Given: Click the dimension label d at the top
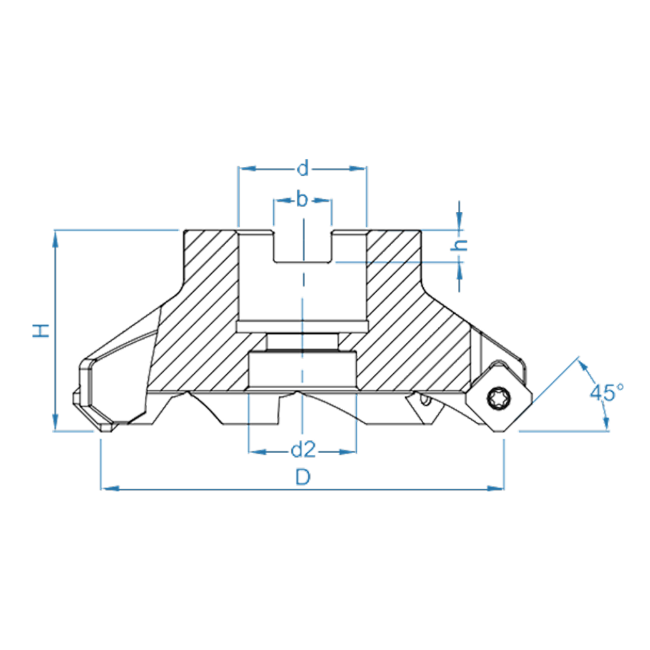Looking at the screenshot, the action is tap(303, 169).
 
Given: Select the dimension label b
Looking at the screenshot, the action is tap(302, 199).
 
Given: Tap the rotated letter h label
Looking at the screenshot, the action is tap(459, 245).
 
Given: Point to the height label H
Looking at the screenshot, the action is tap(41, 331).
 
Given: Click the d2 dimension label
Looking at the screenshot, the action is tap(304, 450).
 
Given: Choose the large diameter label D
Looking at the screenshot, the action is tap(303, 477).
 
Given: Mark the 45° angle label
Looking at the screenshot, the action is tap(607, 392).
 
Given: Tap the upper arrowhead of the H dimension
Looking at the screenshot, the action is tap(55, 239).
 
